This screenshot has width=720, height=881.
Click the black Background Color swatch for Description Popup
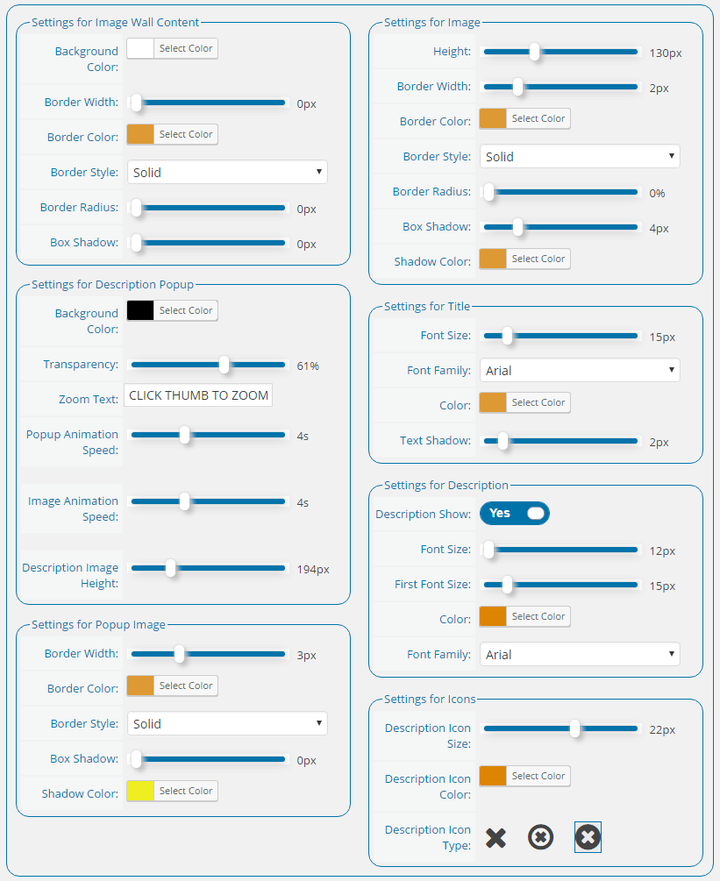pos(140,310)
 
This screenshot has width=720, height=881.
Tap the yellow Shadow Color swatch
pos(140,791)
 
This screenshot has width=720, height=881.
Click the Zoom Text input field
pos(198,395)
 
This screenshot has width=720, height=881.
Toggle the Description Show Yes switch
pos(514,513)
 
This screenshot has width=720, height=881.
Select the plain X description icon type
pos(495,837)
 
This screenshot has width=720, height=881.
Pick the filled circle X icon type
pos(588,837)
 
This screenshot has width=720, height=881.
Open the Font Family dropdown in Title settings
pos(580,370)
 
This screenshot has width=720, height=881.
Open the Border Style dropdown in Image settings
pos(580,156)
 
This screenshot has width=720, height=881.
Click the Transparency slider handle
pos(225,365)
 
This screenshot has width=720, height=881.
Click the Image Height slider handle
pos(535,52)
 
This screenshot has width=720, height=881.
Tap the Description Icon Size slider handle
pos(575,728)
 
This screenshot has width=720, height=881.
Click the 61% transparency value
pos(308,366)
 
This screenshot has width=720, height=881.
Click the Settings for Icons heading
pos(430,699)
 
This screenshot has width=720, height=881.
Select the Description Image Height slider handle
pos(170,568)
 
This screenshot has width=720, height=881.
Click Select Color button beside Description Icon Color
pos(538,776)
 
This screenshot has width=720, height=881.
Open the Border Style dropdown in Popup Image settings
pos(227,723)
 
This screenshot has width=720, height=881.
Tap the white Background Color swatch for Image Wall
pos(140,48)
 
